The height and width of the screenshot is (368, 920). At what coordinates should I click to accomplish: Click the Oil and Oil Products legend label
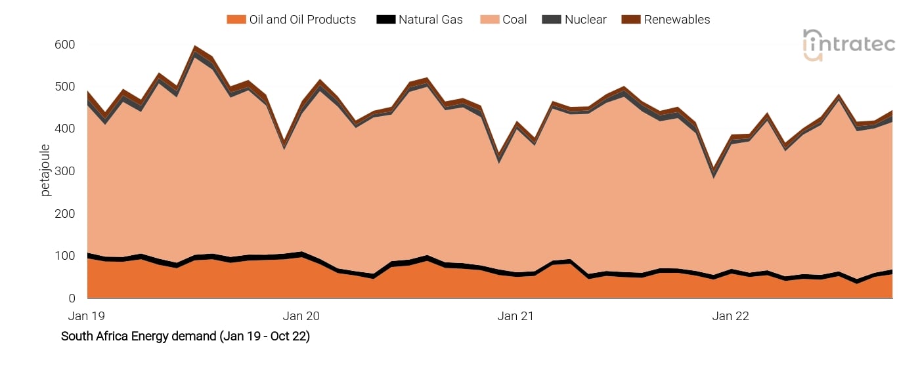point(302,20)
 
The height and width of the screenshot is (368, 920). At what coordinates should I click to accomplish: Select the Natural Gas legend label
point(430,20)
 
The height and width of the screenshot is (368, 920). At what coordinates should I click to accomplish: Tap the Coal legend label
point(514,20)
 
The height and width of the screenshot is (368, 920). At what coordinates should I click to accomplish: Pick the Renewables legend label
point(676,20)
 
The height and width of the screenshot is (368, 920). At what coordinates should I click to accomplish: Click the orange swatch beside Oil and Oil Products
point(236,20)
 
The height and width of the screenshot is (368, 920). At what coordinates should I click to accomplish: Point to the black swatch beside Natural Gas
point(385,20)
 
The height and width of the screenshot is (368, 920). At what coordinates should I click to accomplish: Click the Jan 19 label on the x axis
point(87,316)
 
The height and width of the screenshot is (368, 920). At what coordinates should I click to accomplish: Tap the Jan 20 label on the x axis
point(301,316)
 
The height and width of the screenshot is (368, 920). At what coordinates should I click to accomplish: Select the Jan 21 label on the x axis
point(515,316)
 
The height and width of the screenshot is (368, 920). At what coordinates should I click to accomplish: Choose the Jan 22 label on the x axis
point(730,316)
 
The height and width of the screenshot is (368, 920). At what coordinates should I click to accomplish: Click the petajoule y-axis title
point(45,171)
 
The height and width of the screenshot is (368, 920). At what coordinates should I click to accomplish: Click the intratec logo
point(848,45)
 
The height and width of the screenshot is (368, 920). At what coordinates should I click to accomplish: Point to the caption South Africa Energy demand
point(185,337)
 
